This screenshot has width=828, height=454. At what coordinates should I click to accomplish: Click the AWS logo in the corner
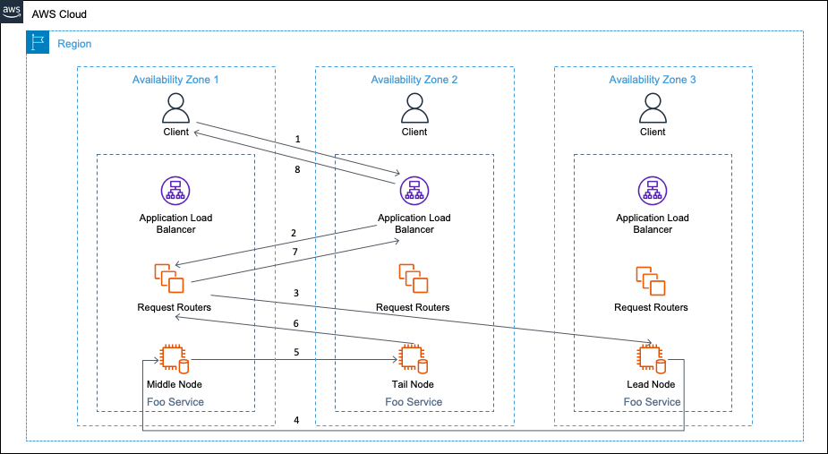[12, 13]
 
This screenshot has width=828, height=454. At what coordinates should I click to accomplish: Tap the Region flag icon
[38, 42]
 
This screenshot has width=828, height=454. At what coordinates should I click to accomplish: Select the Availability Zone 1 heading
[175, 80]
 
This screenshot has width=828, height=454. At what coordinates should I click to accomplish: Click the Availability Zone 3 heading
[653, 80]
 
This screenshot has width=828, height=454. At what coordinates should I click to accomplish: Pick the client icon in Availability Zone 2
[414, 108]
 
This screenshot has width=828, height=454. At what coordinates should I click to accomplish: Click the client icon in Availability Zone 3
[653, 108]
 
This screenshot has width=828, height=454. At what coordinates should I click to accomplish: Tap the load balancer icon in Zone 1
[175, 191]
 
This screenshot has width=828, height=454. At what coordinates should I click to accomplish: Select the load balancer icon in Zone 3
[653, 191]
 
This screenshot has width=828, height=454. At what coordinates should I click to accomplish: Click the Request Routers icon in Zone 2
[414, 278]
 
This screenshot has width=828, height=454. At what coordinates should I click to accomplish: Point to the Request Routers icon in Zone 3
[651, 281]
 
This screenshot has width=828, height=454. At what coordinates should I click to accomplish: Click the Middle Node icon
[175, 359]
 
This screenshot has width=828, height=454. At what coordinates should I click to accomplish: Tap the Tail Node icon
[414, 359]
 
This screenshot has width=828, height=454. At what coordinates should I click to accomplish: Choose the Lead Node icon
[651, 359]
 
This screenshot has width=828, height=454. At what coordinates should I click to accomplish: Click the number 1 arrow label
[298, 140]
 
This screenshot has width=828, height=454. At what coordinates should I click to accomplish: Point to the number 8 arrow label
[298, 169]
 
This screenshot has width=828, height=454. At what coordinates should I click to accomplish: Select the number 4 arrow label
[296, 421]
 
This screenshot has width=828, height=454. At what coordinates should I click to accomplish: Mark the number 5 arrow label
[296, 352]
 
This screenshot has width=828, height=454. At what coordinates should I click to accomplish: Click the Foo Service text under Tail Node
[414, 402]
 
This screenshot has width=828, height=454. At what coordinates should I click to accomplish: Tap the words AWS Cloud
[59, 14]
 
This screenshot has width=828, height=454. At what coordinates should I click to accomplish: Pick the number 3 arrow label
[296, 293]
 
